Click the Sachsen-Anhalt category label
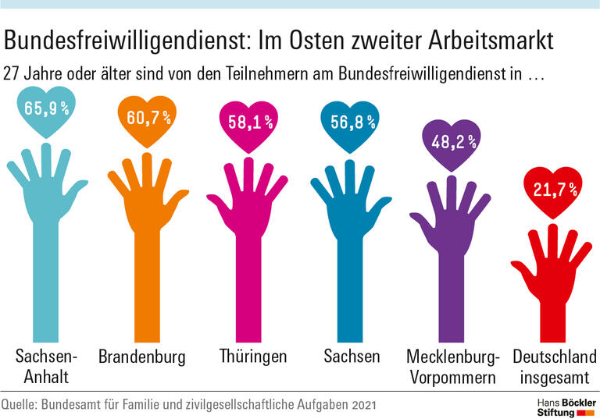point(47,367)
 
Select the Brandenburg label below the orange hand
point(142,357)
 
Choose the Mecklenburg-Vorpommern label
point(452,367)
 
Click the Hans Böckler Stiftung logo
point(559,405)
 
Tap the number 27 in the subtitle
point(12,76)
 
